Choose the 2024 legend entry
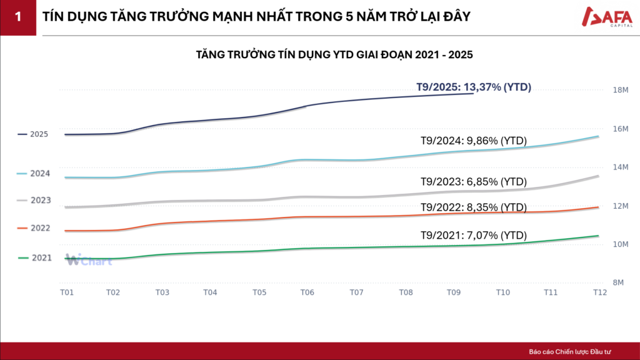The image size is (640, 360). click(34, 173)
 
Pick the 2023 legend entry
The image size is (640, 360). click(35, 201)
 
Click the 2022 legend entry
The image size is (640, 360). click(35, 228)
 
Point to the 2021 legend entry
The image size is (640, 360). click(35, 257)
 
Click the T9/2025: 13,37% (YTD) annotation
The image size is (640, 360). click(474, 87)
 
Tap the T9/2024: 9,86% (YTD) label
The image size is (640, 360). click(474, 141)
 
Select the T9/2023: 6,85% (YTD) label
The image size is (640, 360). click(474, 182)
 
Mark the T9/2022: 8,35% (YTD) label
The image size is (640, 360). click(474, 207)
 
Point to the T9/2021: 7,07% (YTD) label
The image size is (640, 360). click(474, 236)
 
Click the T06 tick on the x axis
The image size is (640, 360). click(307, 292)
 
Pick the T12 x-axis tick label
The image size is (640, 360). click(599, 292)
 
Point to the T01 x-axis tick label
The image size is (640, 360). click(66, 292)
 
